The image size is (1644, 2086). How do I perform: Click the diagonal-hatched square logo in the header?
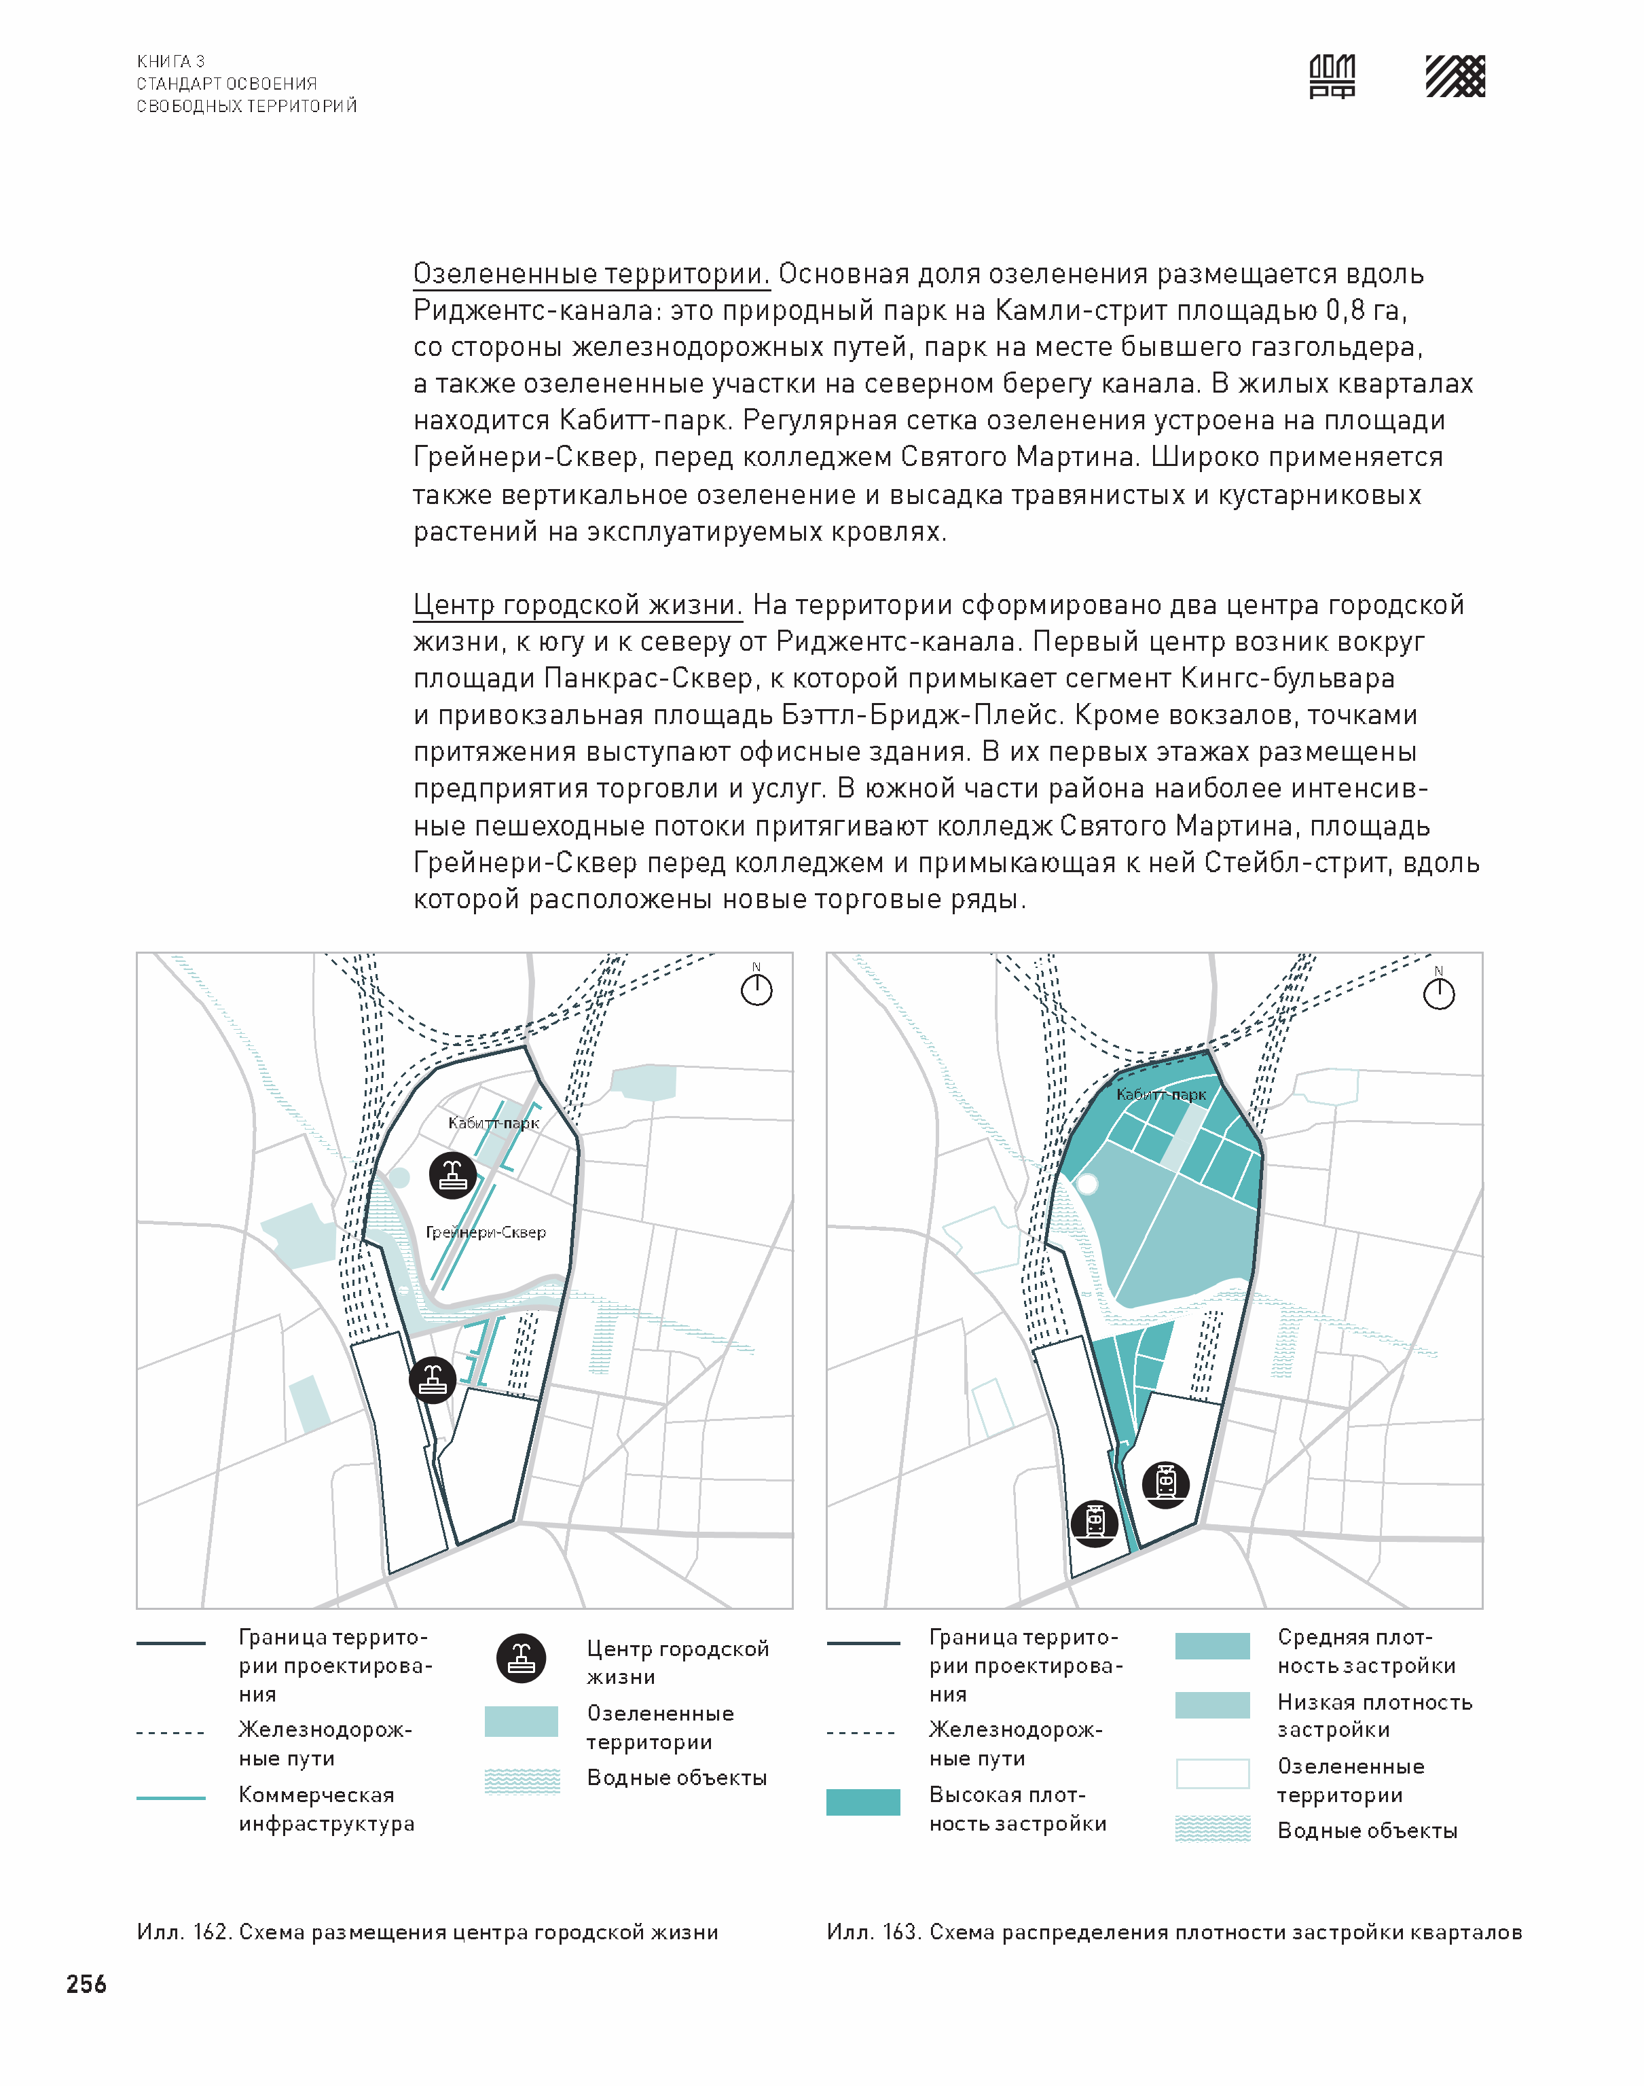click(1455, 76)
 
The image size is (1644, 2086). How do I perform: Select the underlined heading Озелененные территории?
click(591, 274)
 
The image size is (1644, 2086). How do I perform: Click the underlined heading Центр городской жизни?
click(577, 605)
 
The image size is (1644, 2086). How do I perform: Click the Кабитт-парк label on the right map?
click(1161, 1094)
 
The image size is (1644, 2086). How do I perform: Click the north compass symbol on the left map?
click(756, 988)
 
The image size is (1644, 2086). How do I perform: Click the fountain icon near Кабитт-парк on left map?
click(452, 1174)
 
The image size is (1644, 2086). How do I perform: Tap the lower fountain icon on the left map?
click(432, 1380)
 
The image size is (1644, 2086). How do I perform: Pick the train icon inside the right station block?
click(1166, 1483)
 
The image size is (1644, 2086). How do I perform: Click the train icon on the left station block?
click(1095, 1522)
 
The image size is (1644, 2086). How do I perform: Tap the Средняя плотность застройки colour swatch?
click(1212, 1645)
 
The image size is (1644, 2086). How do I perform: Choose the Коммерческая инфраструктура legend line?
click(170, 1797)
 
